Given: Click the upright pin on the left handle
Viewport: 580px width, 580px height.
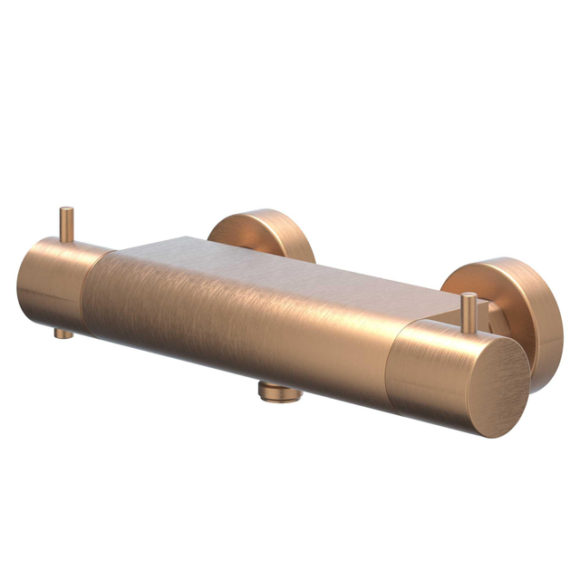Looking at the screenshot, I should [x=66, y=224].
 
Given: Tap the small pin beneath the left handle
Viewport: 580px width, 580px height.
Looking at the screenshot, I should [x=63, y=332].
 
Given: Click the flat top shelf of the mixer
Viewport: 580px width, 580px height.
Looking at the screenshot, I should [x=272, y=263].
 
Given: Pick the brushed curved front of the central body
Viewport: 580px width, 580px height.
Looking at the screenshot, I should [x=236, y=326].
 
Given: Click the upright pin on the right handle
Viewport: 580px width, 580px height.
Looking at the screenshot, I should [x=469, y=313].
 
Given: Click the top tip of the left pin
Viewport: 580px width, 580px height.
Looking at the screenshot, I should [x=66, y=210].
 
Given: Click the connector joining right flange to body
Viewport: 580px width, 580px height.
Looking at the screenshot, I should [x=487, y=317].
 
